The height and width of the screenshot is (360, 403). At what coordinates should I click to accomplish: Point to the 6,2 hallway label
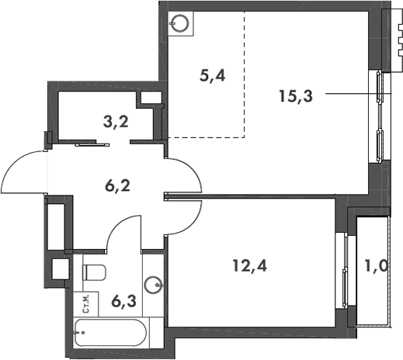tap(117, 185)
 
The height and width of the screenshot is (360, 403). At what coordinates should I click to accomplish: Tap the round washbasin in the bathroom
tap(152, 283)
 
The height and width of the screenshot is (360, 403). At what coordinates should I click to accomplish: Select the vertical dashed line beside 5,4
tap(245, 74)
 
